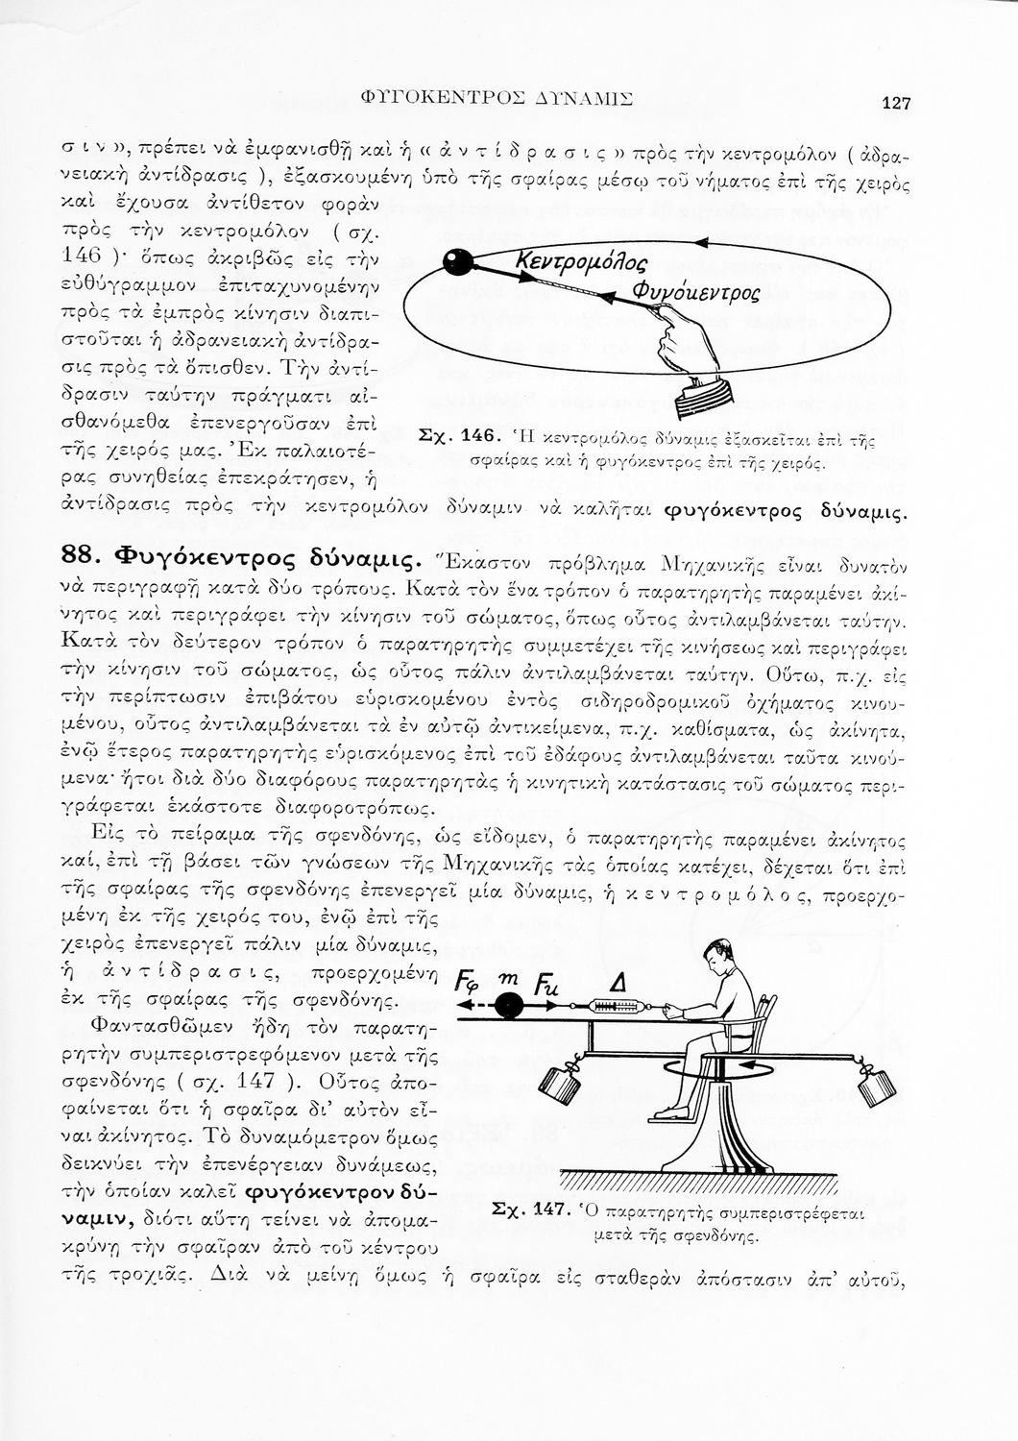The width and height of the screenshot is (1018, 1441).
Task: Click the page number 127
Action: pos(896,104)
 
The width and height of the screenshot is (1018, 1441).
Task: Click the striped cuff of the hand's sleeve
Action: pos(706,396)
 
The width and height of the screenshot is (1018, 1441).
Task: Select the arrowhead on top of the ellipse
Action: pos(702,242)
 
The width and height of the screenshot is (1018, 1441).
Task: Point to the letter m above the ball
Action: pos(509,976)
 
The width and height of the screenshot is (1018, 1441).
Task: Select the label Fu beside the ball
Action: pos(545,984)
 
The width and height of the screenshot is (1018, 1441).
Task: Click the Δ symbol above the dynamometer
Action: pos(619,981)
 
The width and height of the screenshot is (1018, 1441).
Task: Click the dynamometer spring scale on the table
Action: pos(618,1007)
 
